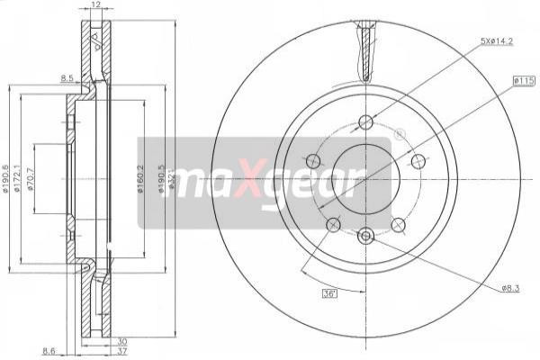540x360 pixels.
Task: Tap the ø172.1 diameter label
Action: (x=21, y=182)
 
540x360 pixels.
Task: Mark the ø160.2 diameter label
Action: (x=140, y=180)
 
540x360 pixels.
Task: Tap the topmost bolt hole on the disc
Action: (x=365, y=122)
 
